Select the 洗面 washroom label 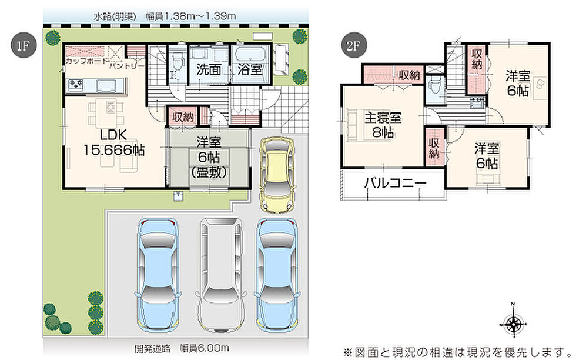pyautogui.click(x=208, y=69)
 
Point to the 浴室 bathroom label pyautogui.click(x=250, y=69)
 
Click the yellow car pyautogui.click(x=277, y=175)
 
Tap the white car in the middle pyautogui.click(x=221, y=275)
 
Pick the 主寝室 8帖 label pyautogui.click(x=383, y=125)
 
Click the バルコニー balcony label pyautogui.click(x=395, y=183)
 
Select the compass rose pyautogui.click(x=513, y=324)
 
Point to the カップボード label pyautogui.click(x=87, y=61)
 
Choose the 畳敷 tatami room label pyautogui.click(x=209, y=173)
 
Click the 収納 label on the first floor pyautogui.click(x=183, y=117)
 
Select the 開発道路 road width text pyautogui.click(x=182, y=348)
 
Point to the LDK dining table pyautogui.click(x=106, y=111)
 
